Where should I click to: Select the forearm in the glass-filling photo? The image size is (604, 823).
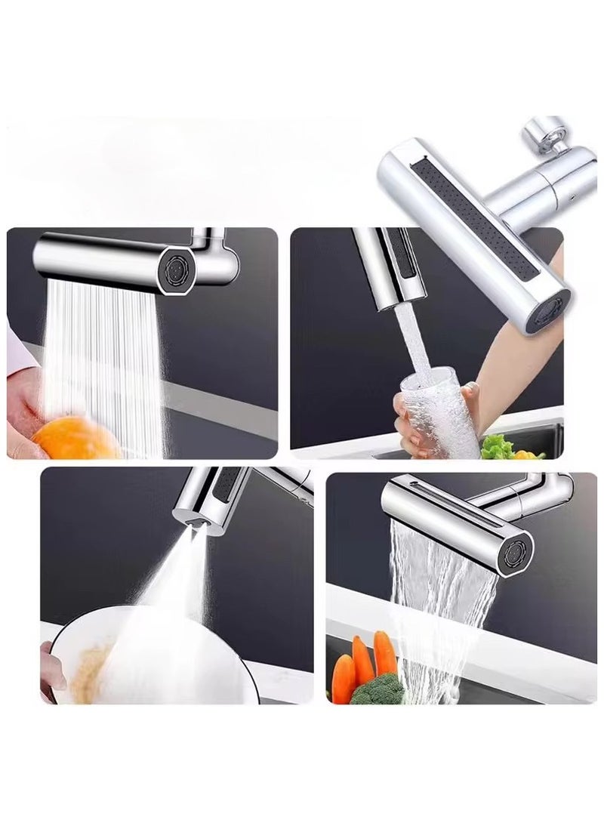(x=521, y=355)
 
